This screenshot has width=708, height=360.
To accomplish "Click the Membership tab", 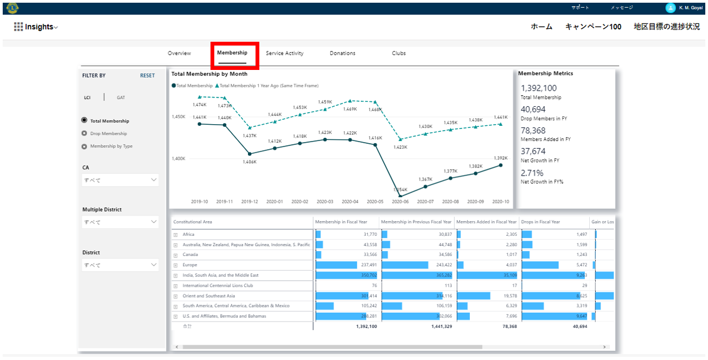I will click(232, 53).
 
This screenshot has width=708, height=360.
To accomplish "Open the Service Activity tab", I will click(284, 53).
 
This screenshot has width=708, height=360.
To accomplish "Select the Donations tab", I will click(342, 53).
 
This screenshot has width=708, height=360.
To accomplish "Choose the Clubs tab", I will click(399, 53).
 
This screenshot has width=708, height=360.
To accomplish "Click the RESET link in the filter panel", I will click(147, 76).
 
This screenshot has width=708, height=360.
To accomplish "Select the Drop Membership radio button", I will click(84, 133).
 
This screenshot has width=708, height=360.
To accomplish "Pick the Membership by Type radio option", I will click(84, 146).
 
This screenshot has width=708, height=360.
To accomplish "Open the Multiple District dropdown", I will click(120, 222).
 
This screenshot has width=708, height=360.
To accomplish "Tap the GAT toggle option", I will click(120, 98).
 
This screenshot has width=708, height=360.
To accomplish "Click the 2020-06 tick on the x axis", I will click(400, 202).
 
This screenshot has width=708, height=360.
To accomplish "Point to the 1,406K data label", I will click(250, 162).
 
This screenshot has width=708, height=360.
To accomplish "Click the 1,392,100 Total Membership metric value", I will click(539, 88).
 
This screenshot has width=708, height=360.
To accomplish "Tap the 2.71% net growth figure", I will click(532, 173).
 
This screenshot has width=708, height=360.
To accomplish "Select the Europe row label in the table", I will click(190, 265).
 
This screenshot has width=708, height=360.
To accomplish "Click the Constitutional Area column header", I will click(193, 222).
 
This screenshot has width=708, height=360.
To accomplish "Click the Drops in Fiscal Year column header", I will click(540, 222).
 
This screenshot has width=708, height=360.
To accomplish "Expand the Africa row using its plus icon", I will click(175, 235).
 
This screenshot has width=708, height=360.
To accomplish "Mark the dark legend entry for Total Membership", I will click(193, 86).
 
